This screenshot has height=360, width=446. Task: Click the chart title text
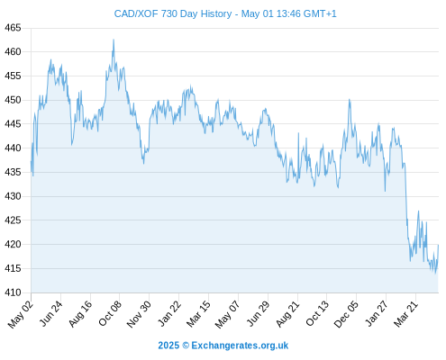(x=225, y=13)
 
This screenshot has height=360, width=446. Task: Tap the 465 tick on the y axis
(x=13, y=28)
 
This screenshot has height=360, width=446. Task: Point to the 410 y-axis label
(x=13, y=292)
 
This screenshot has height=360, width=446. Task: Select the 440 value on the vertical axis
(x=13, y=148)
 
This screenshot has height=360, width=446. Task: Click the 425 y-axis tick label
(x=13, y=220)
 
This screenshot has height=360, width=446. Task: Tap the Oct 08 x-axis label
(x=110, y=313)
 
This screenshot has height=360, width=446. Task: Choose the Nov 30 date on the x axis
(x=139, y=313)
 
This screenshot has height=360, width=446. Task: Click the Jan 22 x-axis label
(x=169, y=313)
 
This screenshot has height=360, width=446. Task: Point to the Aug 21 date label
(x=287, y=313)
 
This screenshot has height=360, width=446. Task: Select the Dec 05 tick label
(x=346, y=314)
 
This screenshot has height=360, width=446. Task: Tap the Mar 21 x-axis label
(x=405, y=313)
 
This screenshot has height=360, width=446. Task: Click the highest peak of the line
(x=114, y=40)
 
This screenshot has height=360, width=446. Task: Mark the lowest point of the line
(x=435, y=274)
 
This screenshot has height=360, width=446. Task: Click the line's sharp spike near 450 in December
(x=350, y=99)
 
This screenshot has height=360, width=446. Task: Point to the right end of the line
(x=439, y=245)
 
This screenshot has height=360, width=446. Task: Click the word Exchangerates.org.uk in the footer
(x=240, y=346)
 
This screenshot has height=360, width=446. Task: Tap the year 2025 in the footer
(x=168, y=346)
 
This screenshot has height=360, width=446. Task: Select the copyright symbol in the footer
(x=186, y=346)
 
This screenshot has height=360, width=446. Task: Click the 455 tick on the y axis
(x=13, y=76)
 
